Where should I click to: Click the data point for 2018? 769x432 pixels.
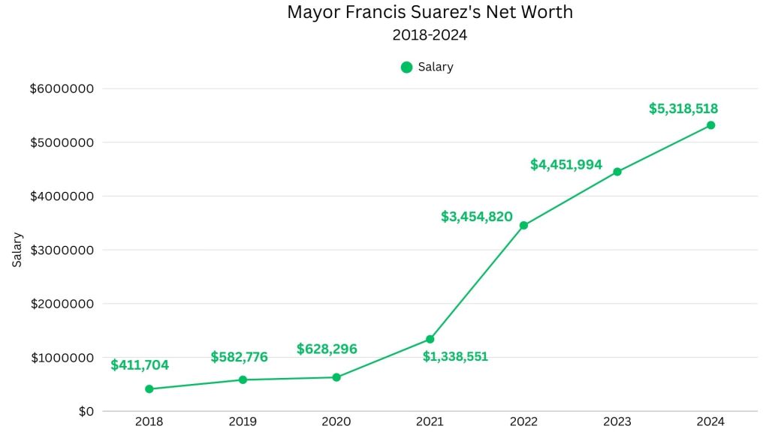[149, 388]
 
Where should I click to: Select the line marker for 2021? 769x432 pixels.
[430, 339]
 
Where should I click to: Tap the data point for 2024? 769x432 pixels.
[710, 125]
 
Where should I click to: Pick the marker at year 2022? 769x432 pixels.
[523, 225]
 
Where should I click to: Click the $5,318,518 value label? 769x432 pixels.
[683, 109]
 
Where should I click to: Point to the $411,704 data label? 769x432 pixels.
[140, 365]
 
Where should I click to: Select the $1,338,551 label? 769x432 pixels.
[455, 356]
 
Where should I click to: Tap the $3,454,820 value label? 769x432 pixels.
[477, 217]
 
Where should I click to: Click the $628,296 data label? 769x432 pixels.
[327, 349]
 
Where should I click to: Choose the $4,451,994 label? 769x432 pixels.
[566, 164]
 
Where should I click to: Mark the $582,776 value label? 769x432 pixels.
[239, 357]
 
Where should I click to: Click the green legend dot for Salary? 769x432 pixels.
[406, 67]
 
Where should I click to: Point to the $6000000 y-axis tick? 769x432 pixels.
[62, 88]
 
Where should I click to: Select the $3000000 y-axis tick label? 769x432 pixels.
[62, 250]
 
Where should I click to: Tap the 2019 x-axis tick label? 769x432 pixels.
[243, 422]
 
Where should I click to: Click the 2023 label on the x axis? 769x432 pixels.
[617, 422]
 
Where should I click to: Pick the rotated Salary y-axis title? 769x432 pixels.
[18, 250]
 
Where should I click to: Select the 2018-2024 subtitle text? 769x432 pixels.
[430, 34]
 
